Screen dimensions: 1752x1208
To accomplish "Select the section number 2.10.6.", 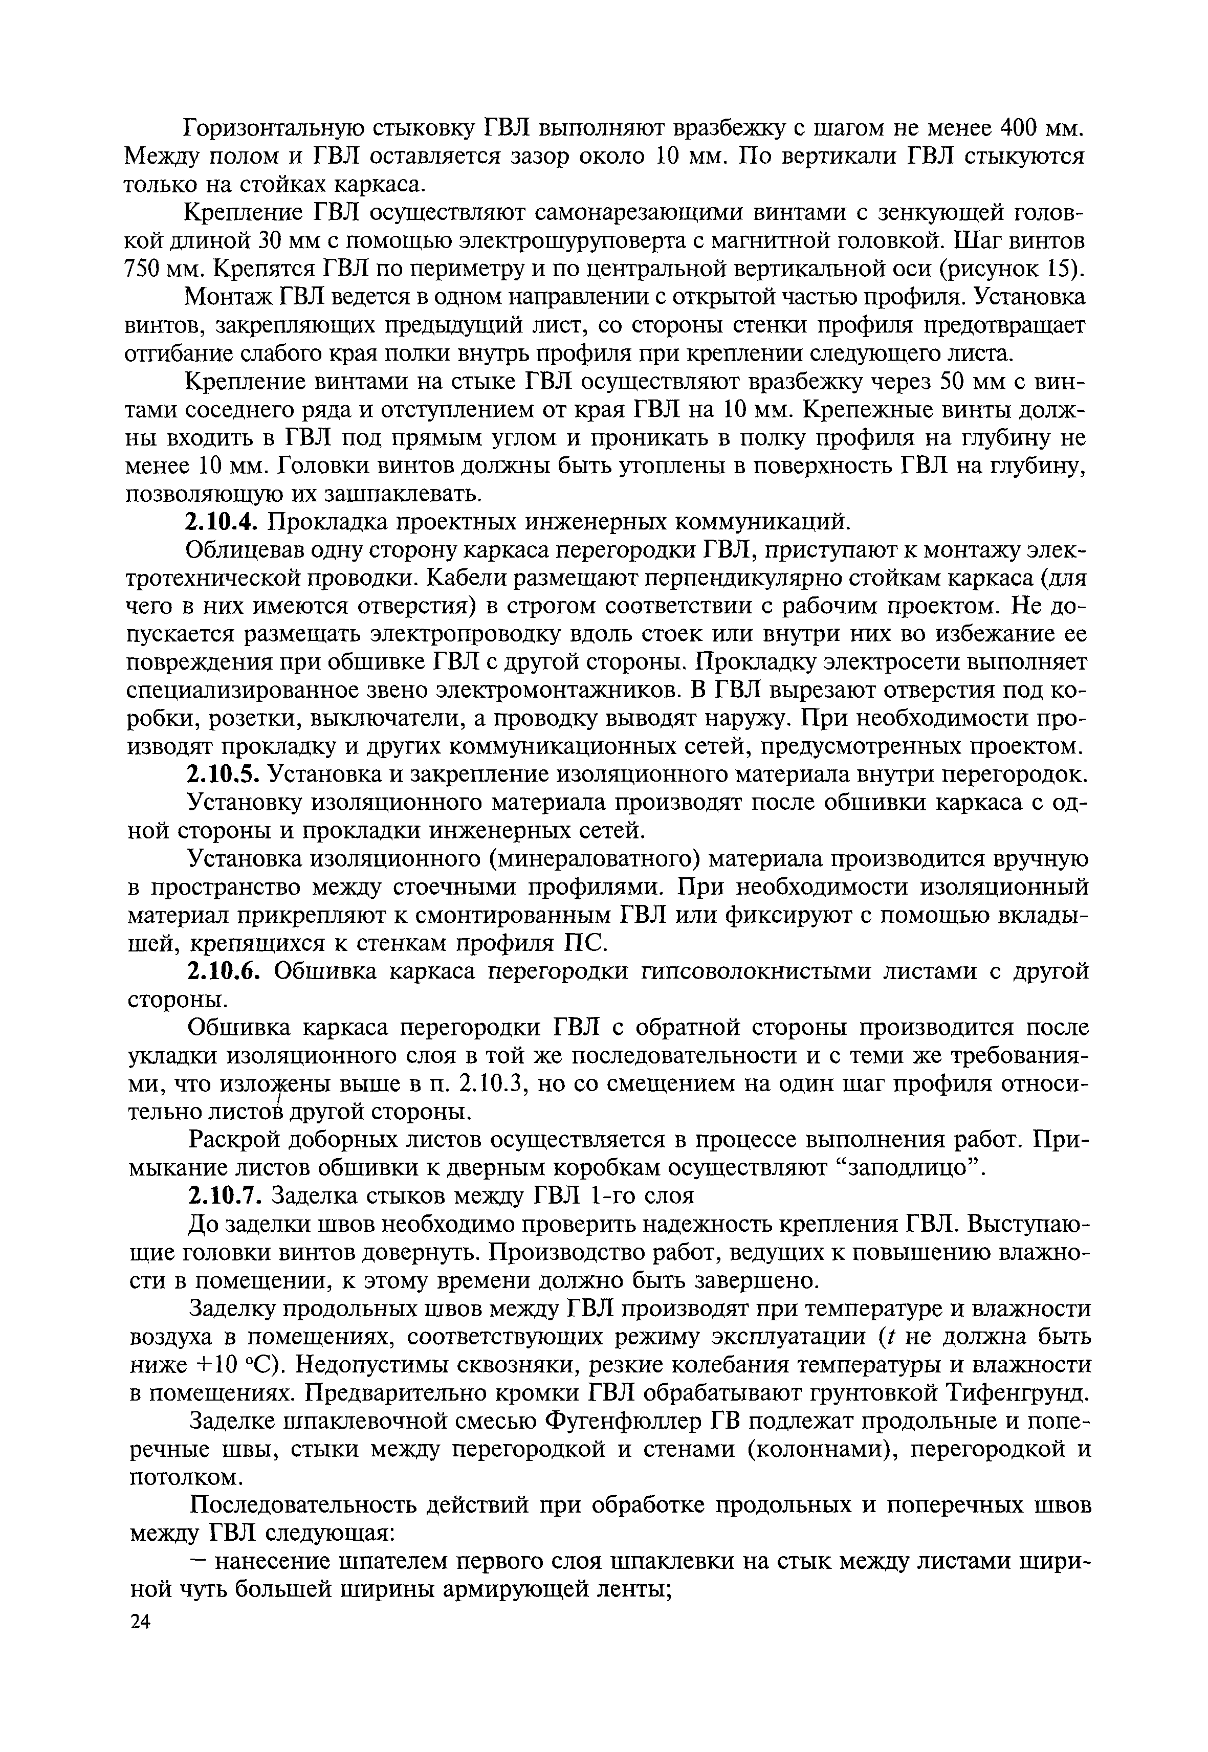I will pyautogui.click(x=225, y=971).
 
